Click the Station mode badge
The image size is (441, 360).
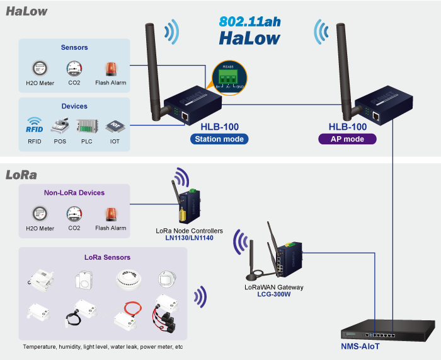point(219,139)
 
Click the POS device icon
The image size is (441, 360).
point(60,124)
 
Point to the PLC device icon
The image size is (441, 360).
point(86,124)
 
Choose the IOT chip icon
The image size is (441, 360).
point(113,125)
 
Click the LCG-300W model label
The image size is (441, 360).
point(274,294)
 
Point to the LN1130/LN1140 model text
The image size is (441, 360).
point(189,238)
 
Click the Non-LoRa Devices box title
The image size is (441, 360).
point(74,193)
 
